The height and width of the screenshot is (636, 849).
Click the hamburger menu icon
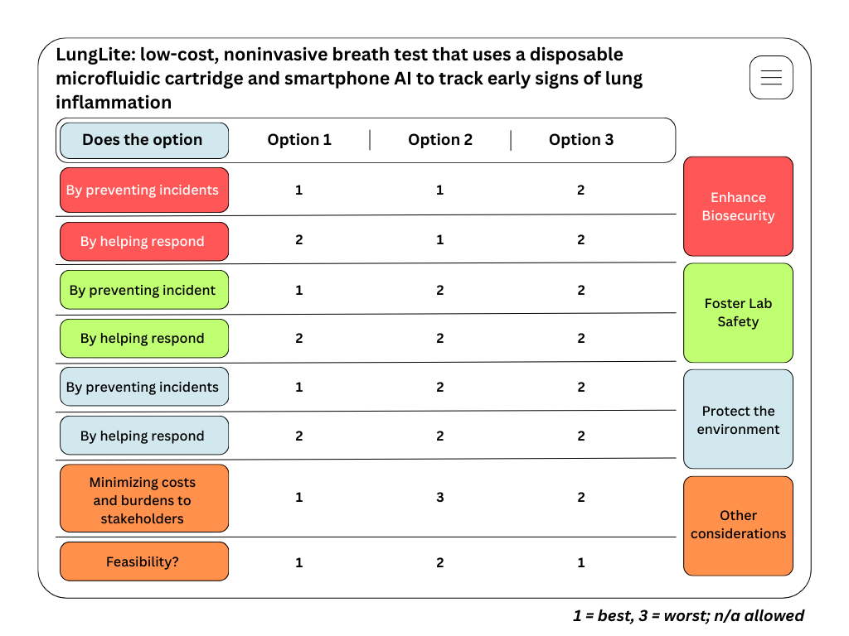tap(771, 78)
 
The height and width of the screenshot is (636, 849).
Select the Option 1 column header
tap(299, 140)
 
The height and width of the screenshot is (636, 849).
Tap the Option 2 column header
tap(440, 140)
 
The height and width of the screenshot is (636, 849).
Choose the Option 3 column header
tap(581, 140)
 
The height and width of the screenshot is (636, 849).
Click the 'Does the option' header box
tap(143, 140)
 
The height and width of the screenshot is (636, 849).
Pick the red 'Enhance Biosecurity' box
tap(738, 206)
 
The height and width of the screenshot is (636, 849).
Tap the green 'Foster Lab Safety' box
tap(738, 312)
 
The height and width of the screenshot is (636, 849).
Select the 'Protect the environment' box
tap(738, 419)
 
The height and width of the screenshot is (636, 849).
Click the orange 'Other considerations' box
tap(738, 525)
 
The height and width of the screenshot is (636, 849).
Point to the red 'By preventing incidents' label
tap(143, 190)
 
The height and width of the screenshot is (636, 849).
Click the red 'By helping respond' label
tap(143, 242)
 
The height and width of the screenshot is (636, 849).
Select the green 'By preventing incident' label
tap(143, 291)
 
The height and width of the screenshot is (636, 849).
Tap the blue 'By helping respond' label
tap(143, 436)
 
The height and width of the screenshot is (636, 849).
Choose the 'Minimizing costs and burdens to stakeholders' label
tap(143, 500)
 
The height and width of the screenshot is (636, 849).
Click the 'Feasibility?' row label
tap(143, 562)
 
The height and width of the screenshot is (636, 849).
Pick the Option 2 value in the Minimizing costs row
tap(440, 498)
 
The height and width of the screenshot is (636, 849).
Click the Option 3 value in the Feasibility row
tap(581, 563)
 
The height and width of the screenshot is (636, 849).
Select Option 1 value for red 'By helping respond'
tap(299, 240)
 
